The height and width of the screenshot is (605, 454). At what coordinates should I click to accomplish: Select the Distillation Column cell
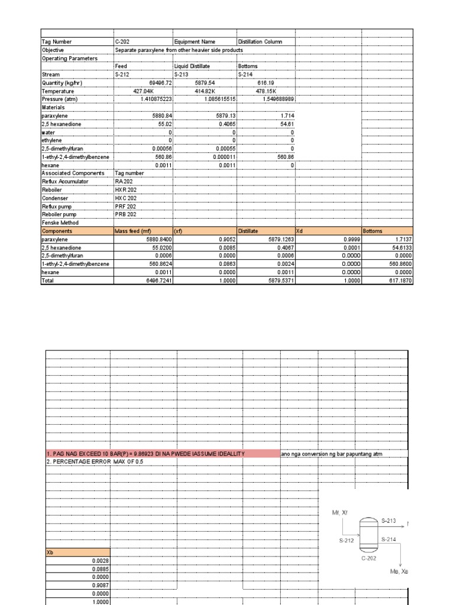[x=260, y=41]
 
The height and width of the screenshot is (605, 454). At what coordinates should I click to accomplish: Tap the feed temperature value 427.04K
[x=153, y=92]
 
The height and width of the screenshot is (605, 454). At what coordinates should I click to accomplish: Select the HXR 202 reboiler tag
[x=126, y=190]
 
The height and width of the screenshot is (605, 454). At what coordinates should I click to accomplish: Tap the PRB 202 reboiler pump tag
[x=126, y=214]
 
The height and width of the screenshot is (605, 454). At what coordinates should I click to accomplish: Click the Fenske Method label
[x=60, y=223]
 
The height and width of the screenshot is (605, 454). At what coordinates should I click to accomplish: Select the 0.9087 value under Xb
[x=100, y=586]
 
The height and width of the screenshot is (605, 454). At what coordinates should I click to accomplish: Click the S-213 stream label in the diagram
[x=389, y=521]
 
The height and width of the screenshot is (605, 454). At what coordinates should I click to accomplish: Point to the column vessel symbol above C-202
[x=368, y=534]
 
